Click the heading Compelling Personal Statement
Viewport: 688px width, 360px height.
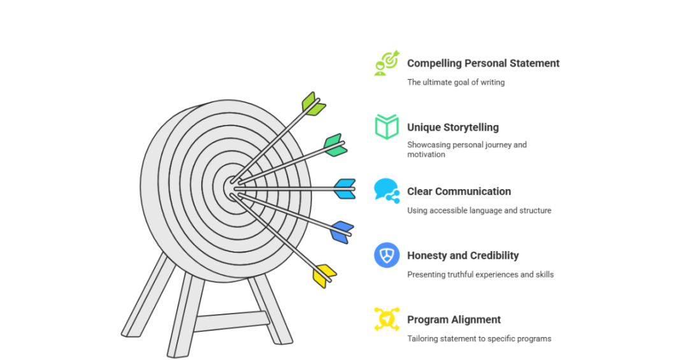[483, 63]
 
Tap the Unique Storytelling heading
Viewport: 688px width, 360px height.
[453, 127]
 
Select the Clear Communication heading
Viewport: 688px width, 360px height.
[459, 191]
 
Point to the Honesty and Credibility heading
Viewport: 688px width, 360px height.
[462, 256]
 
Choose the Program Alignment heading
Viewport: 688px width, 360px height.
[454, 320]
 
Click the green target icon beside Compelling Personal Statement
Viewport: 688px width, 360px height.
[387, 63]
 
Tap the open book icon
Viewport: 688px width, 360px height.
[387, 127]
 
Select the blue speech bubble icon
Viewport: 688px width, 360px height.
[387, 191]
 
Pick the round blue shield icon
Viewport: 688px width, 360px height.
[387, 255]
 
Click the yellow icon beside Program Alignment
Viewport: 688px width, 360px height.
[387, 319]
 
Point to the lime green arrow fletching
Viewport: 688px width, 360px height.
[312, 104]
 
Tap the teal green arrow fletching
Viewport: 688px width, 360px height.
[334, 145]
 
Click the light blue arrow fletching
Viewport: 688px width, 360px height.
[345, 189]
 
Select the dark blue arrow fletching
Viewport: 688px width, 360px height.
[341, 232]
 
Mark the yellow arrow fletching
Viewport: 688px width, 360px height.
[324, 275]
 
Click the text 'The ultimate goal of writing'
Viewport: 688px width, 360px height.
[455, 82]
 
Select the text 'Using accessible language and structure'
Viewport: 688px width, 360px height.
[479, 210]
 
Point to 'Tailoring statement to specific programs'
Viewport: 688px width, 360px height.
[479, 338]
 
